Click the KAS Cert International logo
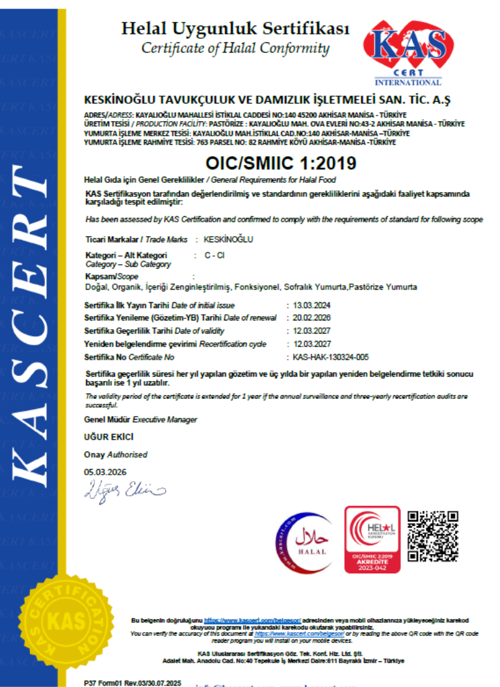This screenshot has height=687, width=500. [407, 53]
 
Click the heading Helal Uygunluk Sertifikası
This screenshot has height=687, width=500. [235, 29]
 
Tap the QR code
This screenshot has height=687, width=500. [433, 536]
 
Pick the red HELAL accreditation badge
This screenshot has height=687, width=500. [372, 540]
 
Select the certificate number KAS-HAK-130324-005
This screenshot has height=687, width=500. [331, 357]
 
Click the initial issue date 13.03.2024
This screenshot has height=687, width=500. [311, 305]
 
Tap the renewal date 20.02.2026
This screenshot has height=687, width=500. [311, 318]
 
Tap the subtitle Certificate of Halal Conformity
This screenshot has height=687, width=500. [235, 48]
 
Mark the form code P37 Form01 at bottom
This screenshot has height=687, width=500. [132, 683]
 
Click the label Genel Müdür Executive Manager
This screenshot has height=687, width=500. [141, 420]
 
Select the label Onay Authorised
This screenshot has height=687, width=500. [116, 455]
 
